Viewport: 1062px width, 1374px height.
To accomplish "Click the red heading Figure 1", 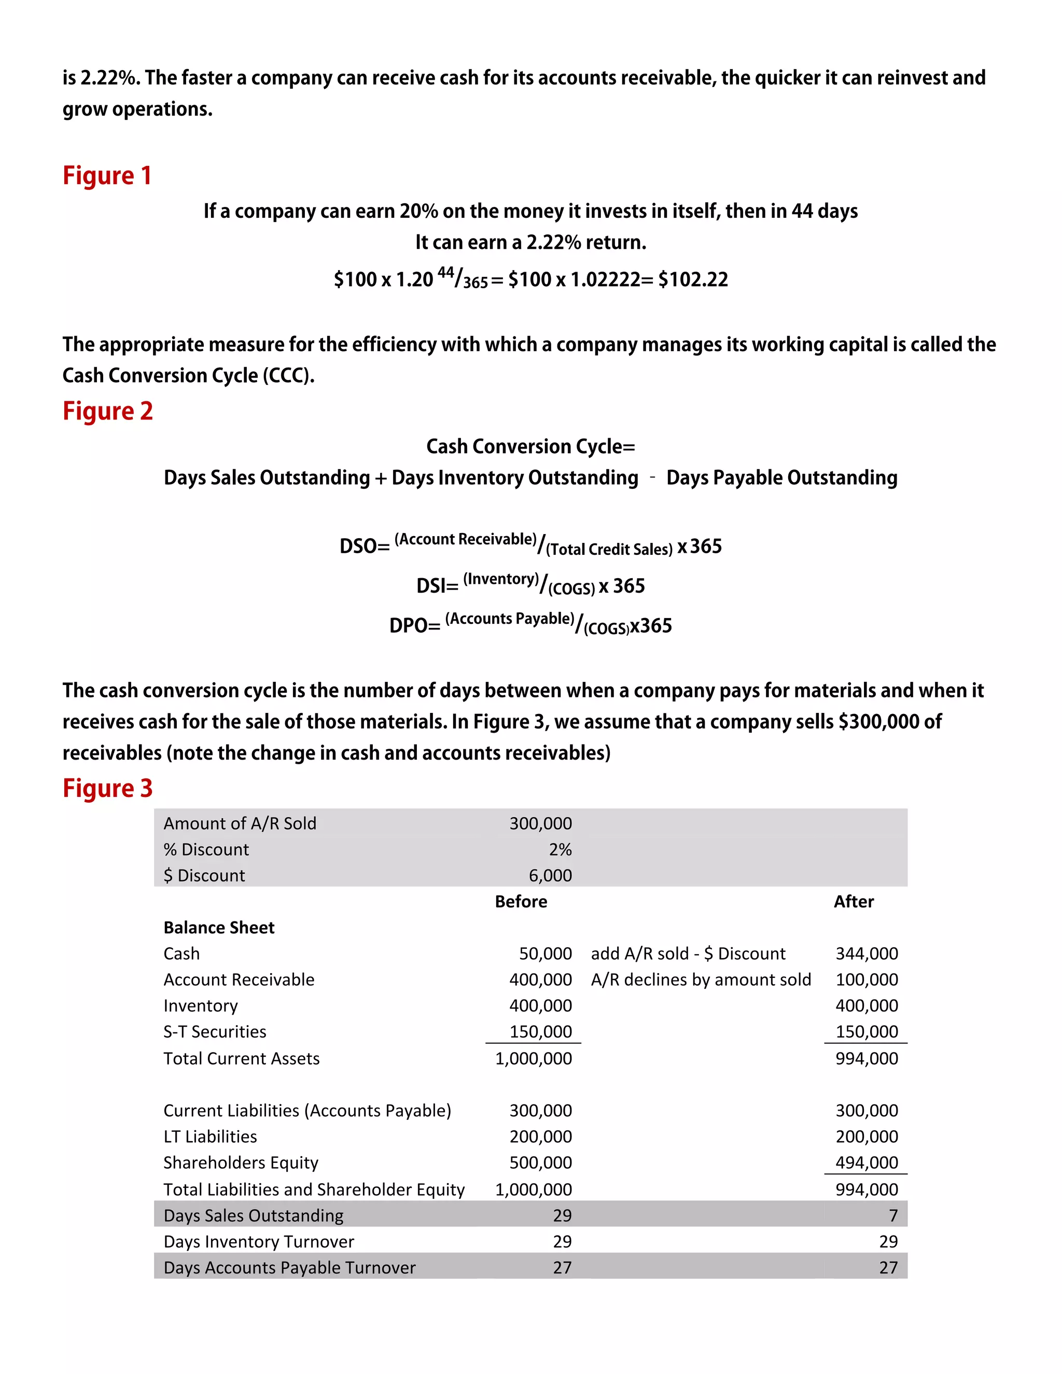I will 107,176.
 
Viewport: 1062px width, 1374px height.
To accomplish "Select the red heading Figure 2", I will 107,411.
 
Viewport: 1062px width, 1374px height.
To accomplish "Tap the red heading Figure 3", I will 107,788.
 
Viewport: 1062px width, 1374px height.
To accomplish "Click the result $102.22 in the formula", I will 693,279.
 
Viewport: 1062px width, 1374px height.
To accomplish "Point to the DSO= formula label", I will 364,546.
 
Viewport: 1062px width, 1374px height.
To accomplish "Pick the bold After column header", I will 853,902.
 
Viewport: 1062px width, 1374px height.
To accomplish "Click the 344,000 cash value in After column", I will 867,954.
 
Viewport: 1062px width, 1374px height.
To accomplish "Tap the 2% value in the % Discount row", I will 560,849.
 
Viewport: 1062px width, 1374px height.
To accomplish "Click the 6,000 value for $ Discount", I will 550,875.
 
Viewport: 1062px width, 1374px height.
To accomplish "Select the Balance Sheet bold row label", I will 219,928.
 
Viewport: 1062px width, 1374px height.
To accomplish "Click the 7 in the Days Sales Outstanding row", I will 893,1215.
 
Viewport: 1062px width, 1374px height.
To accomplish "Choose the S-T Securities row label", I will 215,1032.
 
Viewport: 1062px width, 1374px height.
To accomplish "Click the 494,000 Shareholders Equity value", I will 867,1162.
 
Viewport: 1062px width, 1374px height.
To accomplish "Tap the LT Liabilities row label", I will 210,1136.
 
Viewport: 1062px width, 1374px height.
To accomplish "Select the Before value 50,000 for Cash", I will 545,954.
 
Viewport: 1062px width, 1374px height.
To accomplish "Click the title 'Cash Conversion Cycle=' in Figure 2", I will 530,446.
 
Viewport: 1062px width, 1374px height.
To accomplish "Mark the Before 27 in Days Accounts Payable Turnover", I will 562,1268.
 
